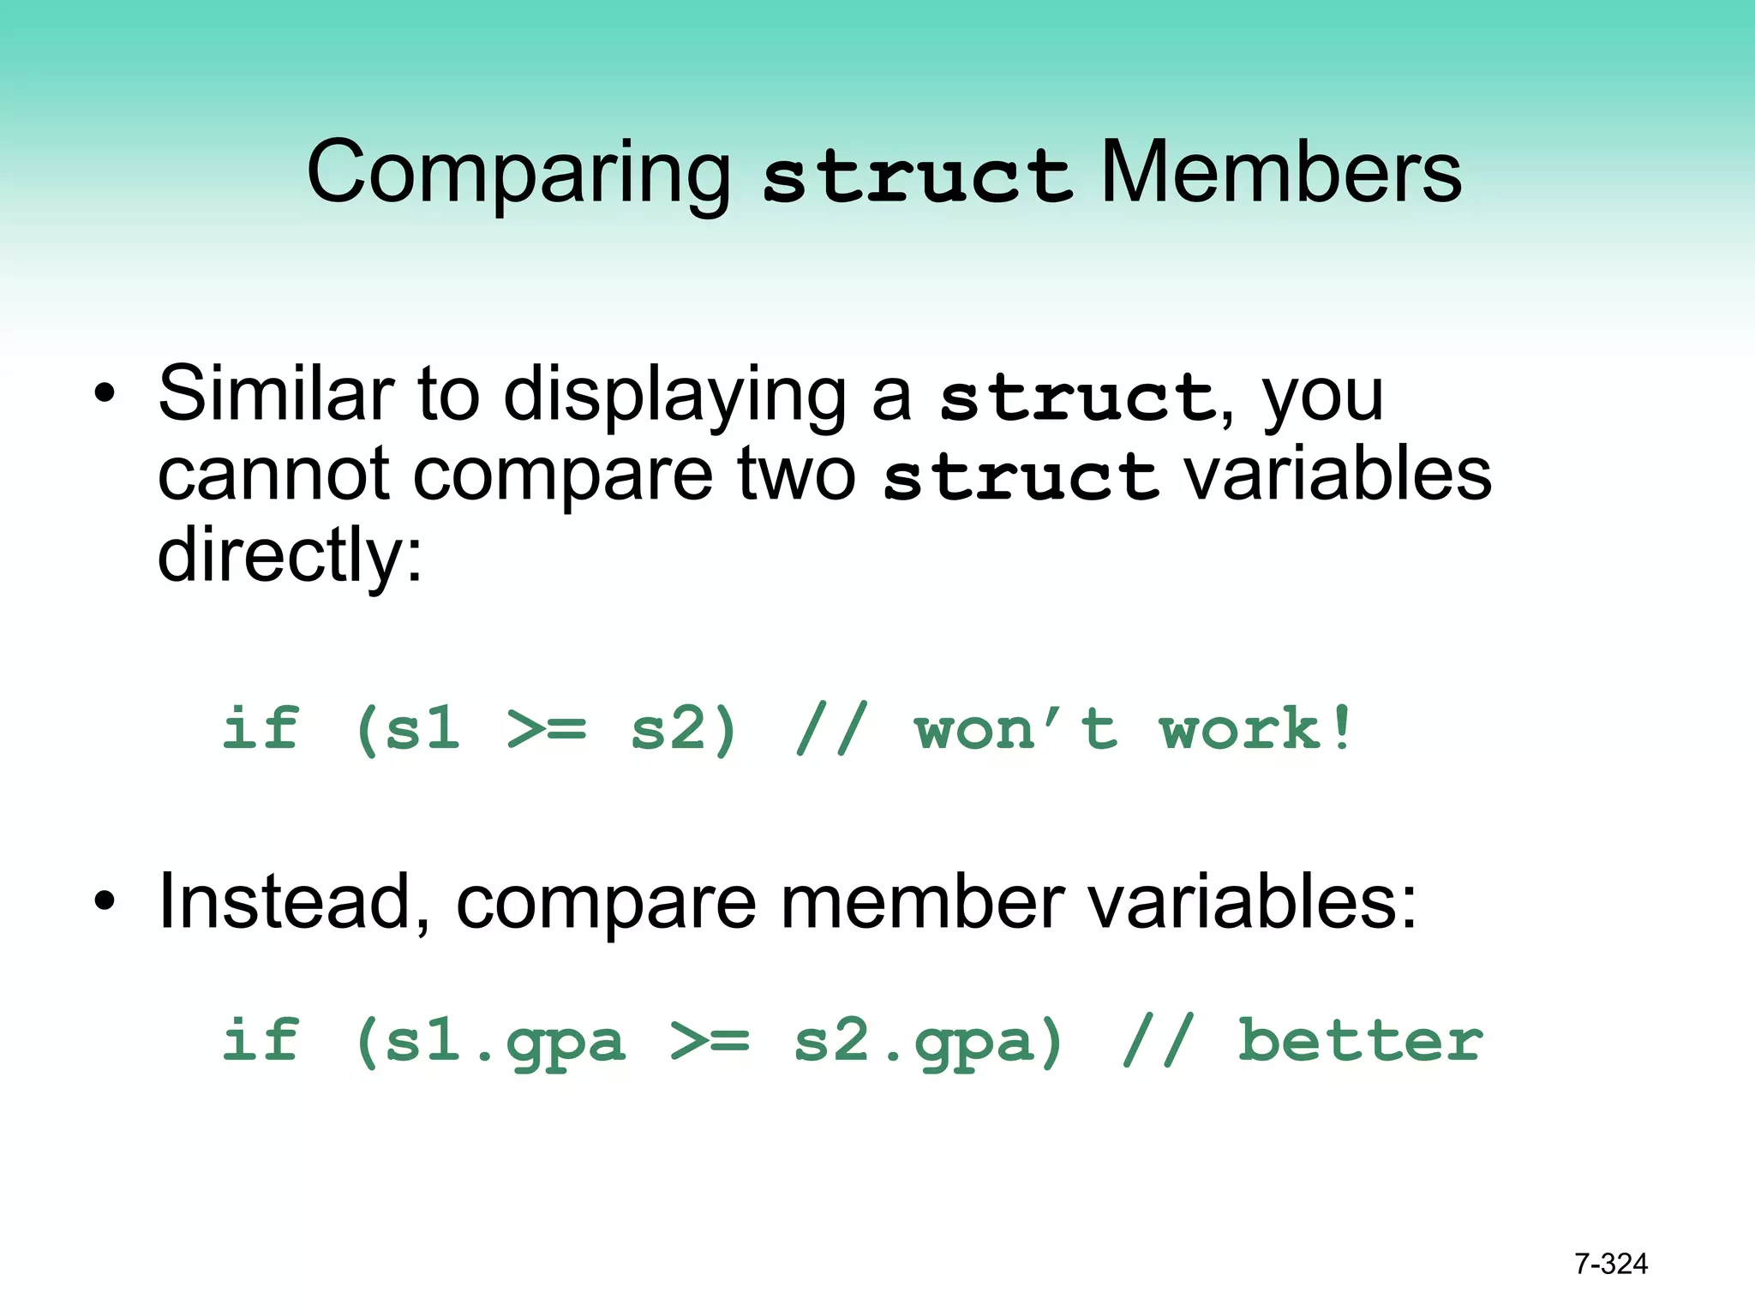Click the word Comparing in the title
518,175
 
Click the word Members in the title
1280,173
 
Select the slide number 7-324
1610,1264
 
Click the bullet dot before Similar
105,395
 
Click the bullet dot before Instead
105,902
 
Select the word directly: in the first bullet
290,556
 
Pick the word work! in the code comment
1255,729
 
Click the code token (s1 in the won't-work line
408,729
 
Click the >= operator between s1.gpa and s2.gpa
710,1041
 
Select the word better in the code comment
1360,1041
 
